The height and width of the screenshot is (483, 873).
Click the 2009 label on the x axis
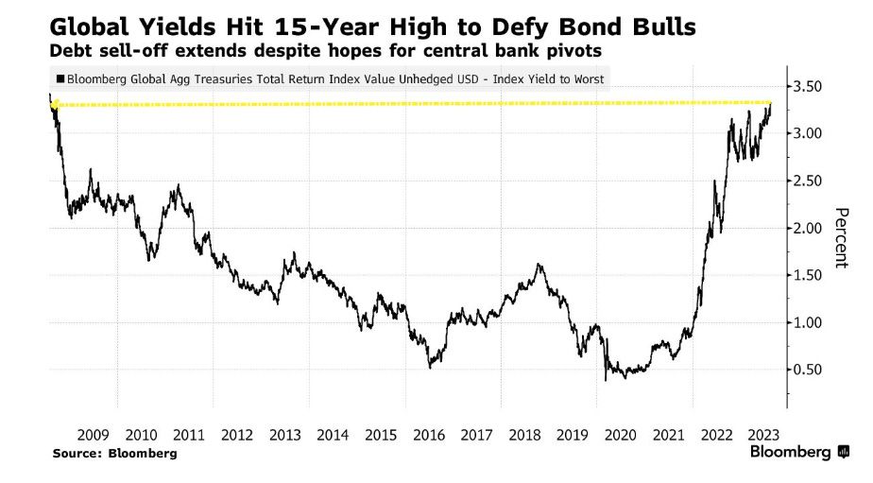click(x=93, y=435)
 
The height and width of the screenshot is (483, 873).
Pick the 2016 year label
click(x=430, y=435)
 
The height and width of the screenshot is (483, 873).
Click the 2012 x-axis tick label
click(x=237, y=435)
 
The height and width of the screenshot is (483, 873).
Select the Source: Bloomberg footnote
click(x=115, y=454)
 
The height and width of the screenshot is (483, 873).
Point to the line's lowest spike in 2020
click(x=606, y=380)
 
